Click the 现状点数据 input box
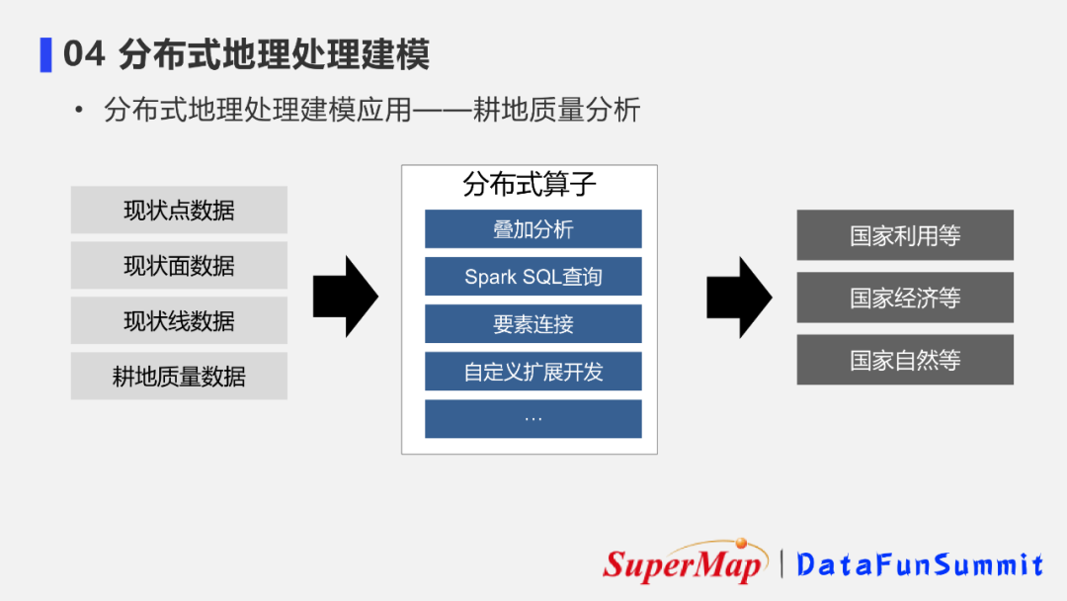179,211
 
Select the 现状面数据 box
179,266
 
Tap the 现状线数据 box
179,321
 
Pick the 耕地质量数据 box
179,377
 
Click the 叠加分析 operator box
533,229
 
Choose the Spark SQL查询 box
533,277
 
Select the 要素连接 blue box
533,324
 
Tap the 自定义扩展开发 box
533,372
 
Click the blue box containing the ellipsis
533,418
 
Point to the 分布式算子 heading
530,185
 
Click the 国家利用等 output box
905,235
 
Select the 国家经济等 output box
905,298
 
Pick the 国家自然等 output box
905,360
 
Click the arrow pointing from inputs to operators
345,296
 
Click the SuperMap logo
685,562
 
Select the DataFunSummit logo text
920,564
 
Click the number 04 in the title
84,54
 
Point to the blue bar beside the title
45,54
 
